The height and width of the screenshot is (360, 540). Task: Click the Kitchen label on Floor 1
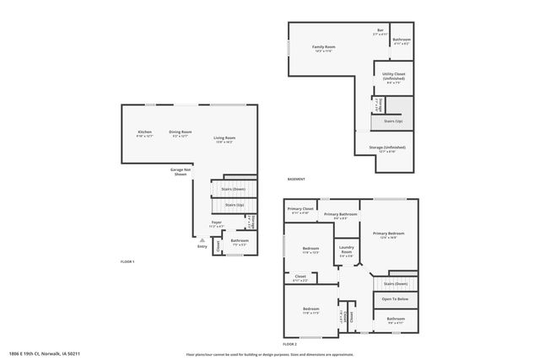(x=145, y=133)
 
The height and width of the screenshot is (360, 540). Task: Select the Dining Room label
(x=181, y=133)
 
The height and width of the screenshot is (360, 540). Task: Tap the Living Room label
(x=224, y=139)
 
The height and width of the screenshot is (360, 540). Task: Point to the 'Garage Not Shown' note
(x=179, y=171)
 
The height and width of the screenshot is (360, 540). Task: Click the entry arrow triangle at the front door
(x=202, y=239)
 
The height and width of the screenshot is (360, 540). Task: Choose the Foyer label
(x=217, y=223)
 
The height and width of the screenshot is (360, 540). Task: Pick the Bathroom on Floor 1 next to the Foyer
(x=240, y=242)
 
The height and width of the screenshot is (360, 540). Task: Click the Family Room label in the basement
(x=324, y=48)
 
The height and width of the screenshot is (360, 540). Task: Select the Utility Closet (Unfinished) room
(x=394, y=78)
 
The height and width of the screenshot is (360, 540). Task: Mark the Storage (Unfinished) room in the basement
(x=387, y=148)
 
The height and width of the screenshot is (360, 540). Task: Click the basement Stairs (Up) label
(x=392, y=121)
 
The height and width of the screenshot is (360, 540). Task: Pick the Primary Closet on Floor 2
(x=300, y=210)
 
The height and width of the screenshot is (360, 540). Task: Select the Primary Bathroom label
(x=341, y=216)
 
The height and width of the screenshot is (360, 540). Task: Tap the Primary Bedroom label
(x=389, y=235)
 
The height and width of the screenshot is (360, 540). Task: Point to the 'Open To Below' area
(x=394, y=299)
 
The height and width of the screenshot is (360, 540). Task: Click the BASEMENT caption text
(x=296, y=180)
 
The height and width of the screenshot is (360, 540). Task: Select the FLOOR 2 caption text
(x=289, y=344)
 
